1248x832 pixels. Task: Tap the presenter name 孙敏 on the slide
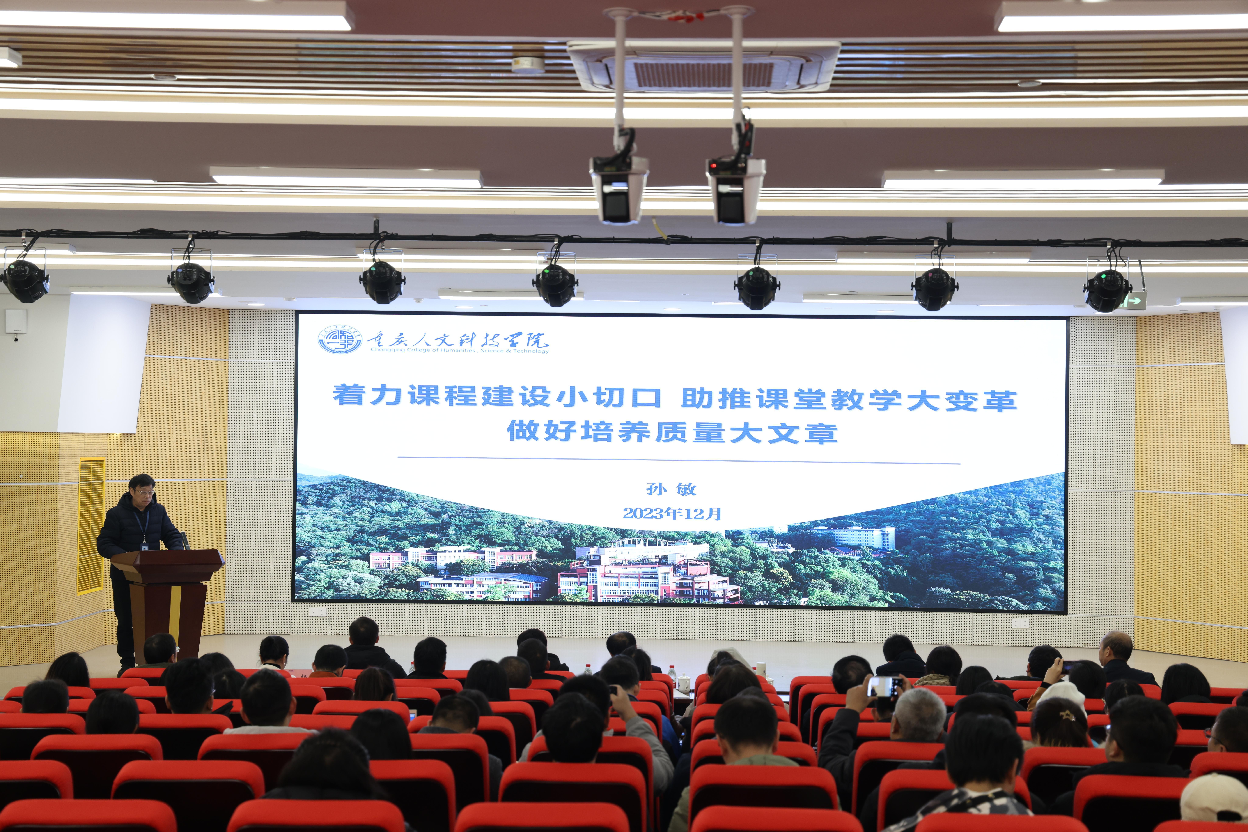point(671,489)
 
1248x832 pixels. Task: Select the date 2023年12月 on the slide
point(672,513)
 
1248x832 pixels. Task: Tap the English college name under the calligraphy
point(460,350)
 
